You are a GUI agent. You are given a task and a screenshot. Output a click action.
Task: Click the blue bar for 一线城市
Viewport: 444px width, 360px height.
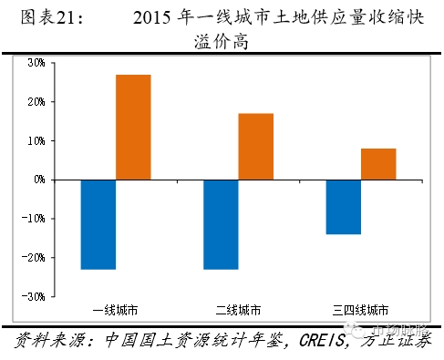[98, 224]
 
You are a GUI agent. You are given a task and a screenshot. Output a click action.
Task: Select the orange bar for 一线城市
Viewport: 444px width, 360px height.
[133, 128]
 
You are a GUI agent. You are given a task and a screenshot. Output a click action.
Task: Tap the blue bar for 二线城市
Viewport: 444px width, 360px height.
[221, 224]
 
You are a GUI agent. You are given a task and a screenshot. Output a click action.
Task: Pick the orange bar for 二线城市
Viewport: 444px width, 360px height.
[256, 147]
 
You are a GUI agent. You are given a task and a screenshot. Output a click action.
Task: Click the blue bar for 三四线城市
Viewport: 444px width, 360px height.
[343, 207]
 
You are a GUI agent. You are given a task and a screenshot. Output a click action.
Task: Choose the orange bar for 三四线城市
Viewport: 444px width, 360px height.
[378, 164]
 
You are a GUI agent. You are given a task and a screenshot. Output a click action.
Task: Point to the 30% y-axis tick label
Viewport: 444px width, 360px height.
[36, 63]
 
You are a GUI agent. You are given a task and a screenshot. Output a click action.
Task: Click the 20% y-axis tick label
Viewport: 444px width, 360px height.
[36, 102]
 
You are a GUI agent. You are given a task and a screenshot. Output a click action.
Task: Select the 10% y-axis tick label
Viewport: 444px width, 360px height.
[36, 141]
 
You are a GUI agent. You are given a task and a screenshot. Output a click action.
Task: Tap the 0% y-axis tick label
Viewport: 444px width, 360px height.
[38, 180]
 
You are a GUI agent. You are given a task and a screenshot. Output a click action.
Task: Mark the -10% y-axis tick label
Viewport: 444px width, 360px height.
[34, 219]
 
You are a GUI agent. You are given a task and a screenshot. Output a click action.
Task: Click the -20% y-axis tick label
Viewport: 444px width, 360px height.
[34, 258]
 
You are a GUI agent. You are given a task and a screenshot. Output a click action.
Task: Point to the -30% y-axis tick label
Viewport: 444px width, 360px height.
[34, 297]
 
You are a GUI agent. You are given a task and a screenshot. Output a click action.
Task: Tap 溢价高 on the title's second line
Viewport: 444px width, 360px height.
[222, 42]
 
